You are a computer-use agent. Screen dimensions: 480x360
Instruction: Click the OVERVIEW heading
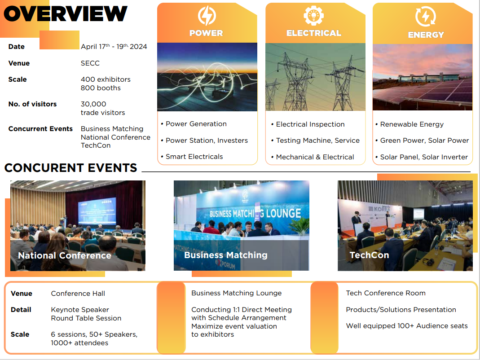pos(65,14)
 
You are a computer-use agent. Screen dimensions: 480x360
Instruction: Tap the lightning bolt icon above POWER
pos(207,16)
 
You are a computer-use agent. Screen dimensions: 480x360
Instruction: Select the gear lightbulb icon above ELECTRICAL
pos(313,15)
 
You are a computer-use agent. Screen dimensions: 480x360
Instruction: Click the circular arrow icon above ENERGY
pos(426,16)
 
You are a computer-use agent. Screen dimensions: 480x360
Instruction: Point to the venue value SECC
pos(90,63)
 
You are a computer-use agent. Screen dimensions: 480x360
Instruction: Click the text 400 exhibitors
pos(106,79)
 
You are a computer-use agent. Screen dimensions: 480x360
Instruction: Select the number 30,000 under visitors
pos(93,104)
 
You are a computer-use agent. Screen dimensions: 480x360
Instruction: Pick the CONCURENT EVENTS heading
pos(70,168)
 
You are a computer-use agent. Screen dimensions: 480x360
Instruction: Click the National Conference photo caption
pos(65,255)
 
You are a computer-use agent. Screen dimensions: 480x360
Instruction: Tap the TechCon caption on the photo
pos(369,255)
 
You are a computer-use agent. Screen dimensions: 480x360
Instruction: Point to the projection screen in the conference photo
pos(97,211)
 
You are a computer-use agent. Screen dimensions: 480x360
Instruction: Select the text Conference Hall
pos(78,294)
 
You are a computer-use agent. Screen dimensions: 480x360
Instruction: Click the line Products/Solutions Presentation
pos(401,310)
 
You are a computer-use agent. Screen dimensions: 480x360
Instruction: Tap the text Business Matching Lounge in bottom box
pos(236,293)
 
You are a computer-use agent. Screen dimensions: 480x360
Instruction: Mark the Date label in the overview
pos(17,47)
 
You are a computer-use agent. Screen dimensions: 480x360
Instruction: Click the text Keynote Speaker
pos(80,310)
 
